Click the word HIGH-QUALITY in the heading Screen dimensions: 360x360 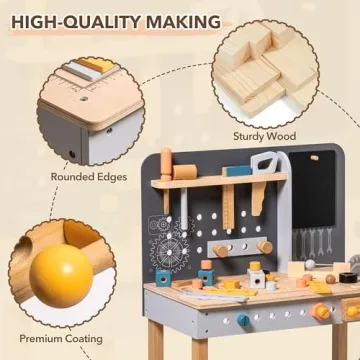pos(75,20)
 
